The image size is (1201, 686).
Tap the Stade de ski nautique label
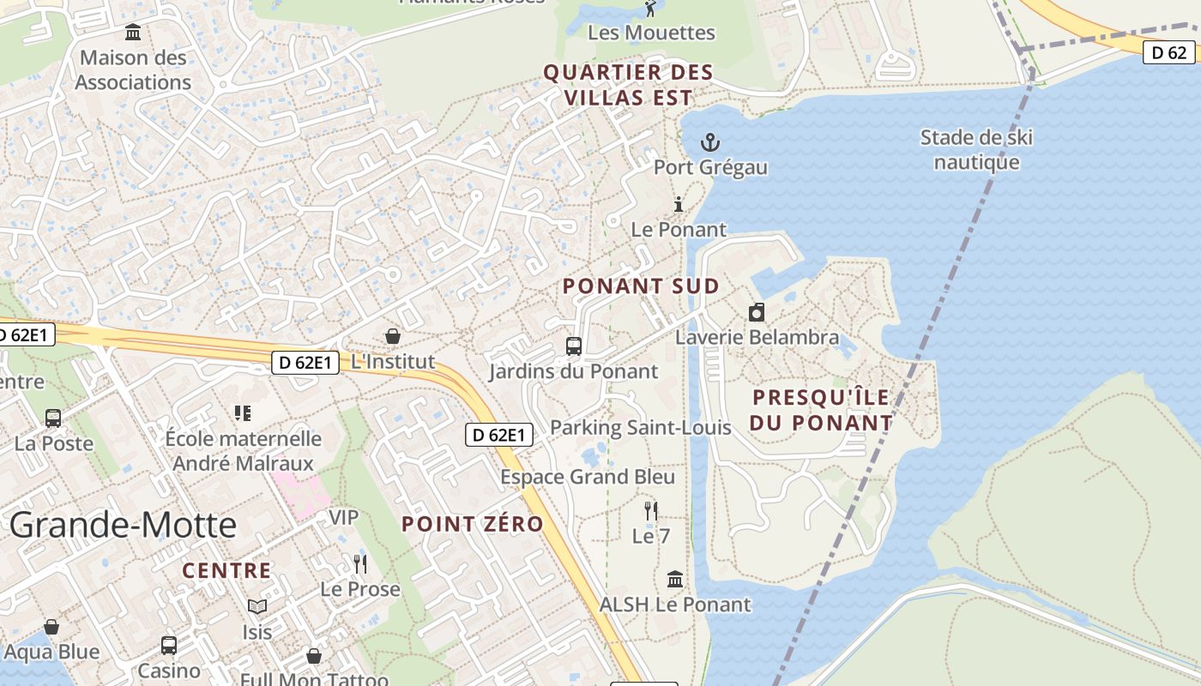[976, 150]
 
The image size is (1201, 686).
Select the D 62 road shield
[1168, 53]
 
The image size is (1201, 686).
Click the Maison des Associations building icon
[133, 33]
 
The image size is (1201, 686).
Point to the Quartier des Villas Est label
[629, 85]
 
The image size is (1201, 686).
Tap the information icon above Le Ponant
[679, 204]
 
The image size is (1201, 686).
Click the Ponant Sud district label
[641, 286]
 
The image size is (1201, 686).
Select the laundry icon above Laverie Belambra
[757, 312]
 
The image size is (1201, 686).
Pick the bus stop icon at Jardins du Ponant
[574, 346]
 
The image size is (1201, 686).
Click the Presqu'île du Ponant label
[822, 410]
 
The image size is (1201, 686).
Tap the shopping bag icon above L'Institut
[393, 336]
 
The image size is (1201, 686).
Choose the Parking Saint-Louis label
[640, 427]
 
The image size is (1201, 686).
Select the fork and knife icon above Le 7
[651, 511]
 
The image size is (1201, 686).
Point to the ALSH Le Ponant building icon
[675, 580]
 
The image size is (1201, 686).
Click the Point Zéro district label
[473, 524]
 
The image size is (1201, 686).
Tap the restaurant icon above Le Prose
[360, 563]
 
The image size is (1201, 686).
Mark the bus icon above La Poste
[53, 418]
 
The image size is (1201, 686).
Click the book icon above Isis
[257, 607]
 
